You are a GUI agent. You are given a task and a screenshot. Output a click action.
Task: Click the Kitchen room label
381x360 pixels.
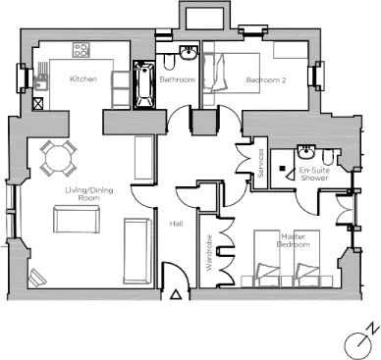(82, 78)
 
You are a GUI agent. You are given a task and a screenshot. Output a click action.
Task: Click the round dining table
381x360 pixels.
(58, 155)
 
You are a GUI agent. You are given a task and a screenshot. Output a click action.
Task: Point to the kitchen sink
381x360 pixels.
(40, 82)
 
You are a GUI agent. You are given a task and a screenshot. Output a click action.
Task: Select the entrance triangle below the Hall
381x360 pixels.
(176, 292)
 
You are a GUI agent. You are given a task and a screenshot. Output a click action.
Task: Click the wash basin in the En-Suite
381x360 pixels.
(306, 153)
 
